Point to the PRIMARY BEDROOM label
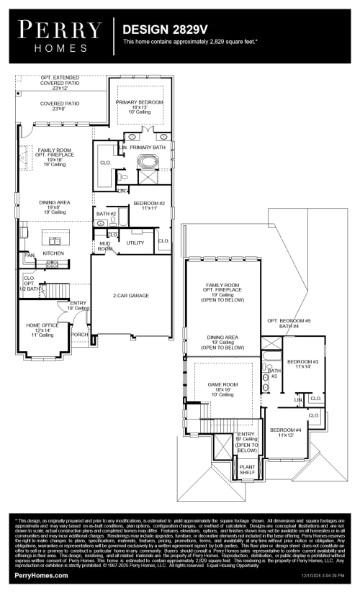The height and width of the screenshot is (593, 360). pyautogui.click(x=140, y=106)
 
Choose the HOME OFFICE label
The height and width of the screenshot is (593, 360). pyautogui.click(x=40, y=330)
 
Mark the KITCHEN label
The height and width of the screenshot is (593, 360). pyautogui.click(x=53, y=253)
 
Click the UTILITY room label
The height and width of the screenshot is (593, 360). pyautogui.click(x=135, y=243)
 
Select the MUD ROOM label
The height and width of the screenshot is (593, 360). pyautogui.click(x=105, y=246)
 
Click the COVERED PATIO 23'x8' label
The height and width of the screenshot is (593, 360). pyautogui.click(x=60, y=106)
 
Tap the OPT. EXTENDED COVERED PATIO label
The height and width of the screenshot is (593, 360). pyautogui.click(x=60, y=83)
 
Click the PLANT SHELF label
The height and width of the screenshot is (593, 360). pyautogui.click(x=247, y=469)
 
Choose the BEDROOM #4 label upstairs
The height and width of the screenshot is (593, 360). pyautogui.click(x=286, y=433)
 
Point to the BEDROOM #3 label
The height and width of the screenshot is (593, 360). pyautogui.click(x=302, y=363)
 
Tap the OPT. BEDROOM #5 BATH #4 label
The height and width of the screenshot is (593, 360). pyautogui.click(x=289, y=323)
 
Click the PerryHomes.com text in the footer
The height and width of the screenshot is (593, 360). pyautogui.click(x=42, y=576)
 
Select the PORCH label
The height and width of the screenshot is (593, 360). pyautogui.click(x=79, y=334)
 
